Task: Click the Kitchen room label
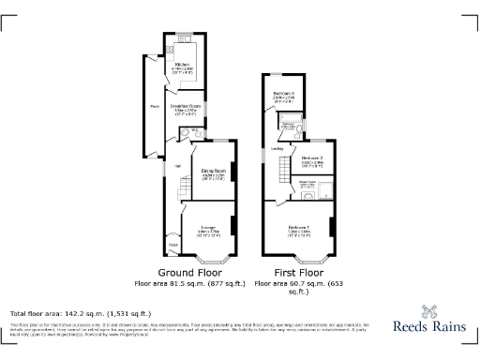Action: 183,64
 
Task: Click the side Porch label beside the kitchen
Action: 154,106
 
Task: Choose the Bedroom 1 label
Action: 300,228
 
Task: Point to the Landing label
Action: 277,148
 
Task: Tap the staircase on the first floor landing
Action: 282,170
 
